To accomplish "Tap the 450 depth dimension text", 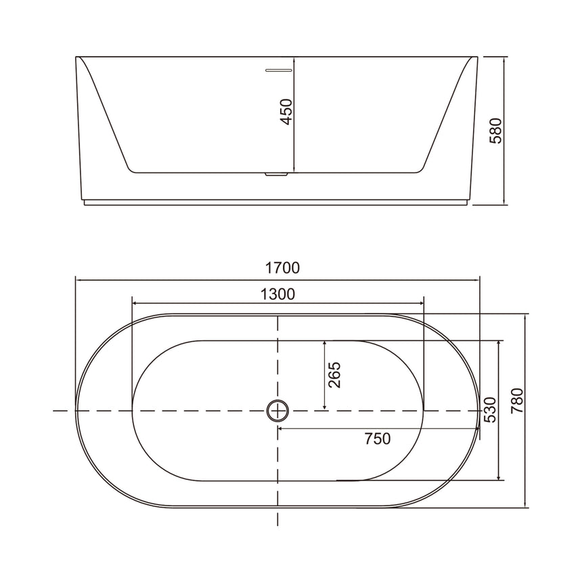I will (x=286, y=112).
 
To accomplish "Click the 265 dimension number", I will (x=335, y=375).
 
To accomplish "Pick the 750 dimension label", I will (x=377, y=439).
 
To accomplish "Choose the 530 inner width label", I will (x=489, y=410).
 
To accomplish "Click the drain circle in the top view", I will (x=277, y=410).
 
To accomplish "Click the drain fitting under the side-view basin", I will (x=278, y=175).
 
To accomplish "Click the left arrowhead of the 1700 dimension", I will (x=78, y=278).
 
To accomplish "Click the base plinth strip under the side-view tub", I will (x=276, y=202).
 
